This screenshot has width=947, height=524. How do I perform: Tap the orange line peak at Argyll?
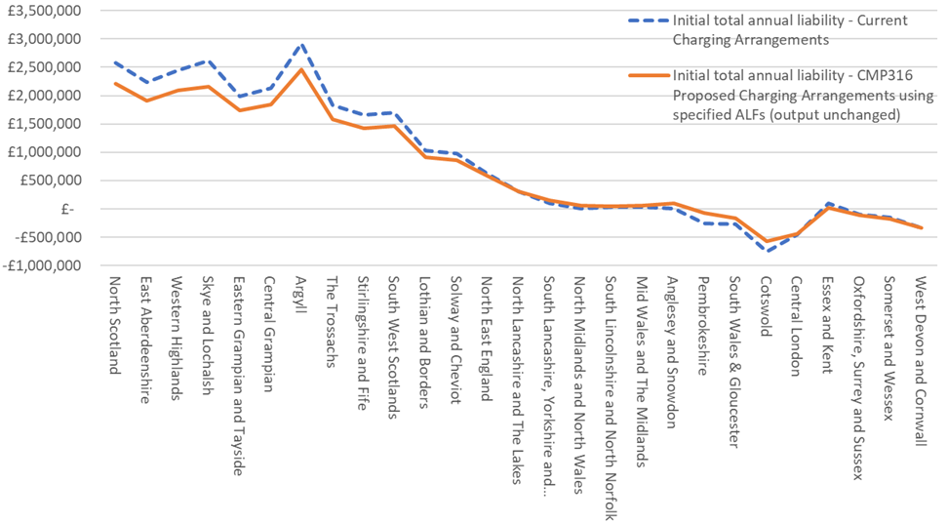(301, 69)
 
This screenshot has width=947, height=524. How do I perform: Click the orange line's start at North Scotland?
(115, 83)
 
